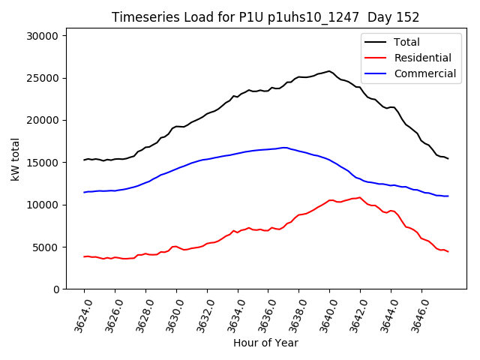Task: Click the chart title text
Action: (x=265, y=17)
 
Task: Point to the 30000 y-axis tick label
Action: (x=52, y=35)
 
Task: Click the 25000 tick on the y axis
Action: (x=52, y=77)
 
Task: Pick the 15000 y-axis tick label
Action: (x=52, y=162)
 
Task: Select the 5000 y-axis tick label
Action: (x=55, y=247)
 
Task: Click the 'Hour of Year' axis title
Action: (x=265, y=343)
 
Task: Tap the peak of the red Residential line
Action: (x=360, y=197)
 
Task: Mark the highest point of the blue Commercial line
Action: (x=284, y=148)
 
